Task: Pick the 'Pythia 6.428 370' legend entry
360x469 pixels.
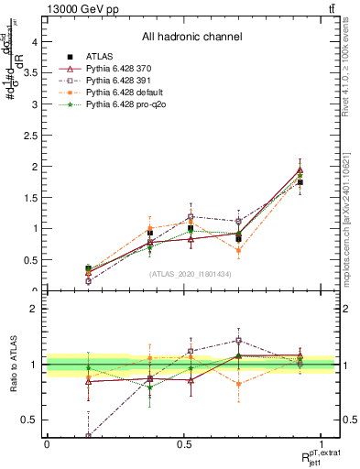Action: (126, 69)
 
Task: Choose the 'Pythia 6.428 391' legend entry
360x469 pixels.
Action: (126, 82)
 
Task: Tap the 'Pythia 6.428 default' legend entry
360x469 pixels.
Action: (131, 93)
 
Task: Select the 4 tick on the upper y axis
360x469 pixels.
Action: (36, 41)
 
